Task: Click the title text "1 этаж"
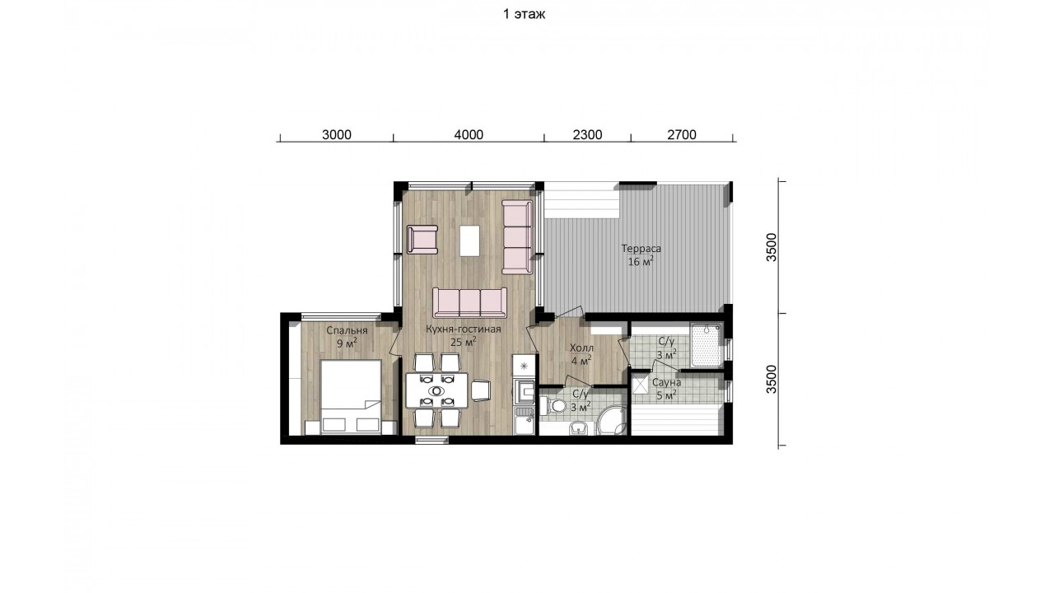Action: click(524, 14)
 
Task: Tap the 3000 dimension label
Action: click(337, 134)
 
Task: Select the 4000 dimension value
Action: click(469, 134)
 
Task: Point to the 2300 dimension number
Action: click(587, 134)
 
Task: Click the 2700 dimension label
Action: click(681, 134)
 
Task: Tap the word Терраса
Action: click(641, 249)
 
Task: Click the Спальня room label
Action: click(347, 331)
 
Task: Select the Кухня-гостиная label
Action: click(464, 329)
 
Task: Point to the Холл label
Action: click(581, 348)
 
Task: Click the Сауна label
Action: click(666, 383)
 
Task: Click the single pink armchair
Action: click(422, 240)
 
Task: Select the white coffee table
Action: click(469, 240)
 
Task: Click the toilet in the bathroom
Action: click(553, 405)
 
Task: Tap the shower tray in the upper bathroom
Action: click(706, 344)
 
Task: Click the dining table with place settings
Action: click(437, 390)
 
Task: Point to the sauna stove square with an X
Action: click(640, 385)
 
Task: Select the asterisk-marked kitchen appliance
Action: click(524, 366)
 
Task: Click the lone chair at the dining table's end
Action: click(481, 390)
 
